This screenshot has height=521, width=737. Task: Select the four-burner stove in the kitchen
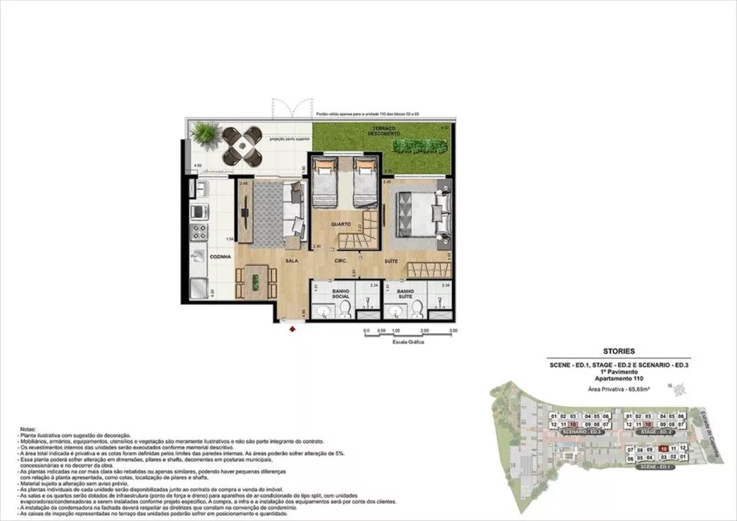tap(198, 232)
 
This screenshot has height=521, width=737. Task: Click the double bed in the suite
tap(422, 214)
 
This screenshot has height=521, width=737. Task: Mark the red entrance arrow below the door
tap(294, 330)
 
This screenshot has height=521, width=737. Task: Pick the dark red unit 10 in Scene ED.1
tap(665, 448)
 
